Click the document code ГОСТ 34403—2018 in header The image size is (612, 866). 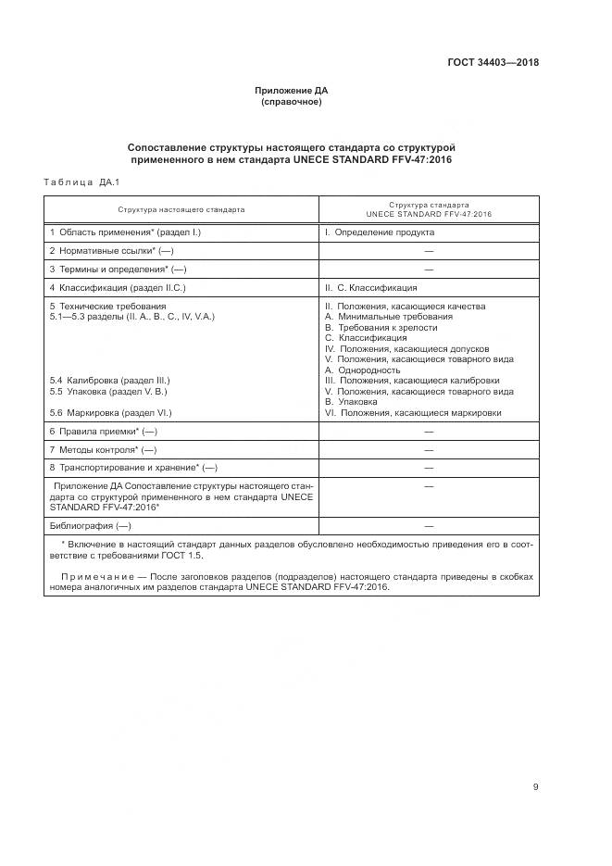[493, 63]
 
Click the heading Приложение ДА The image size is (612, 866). [291, 90]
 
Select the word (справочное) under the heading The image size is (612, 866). [291, 102]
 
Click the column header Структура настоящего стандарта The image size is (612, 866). [181, 209]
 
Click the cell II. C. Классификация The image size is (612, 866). [370, 288]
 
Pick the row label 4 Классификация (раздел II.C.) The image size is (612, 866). [118, 288]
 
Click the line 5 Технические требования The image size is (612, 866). [107, 307]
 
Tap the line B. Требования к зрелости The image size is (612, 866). [381, 328]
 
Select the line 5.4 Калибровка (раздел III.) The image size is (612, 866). [111, 381]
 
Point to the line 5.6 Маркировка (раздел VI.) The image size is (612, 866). [112, 412]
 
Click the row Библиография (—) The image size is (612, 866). [91, 525]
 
